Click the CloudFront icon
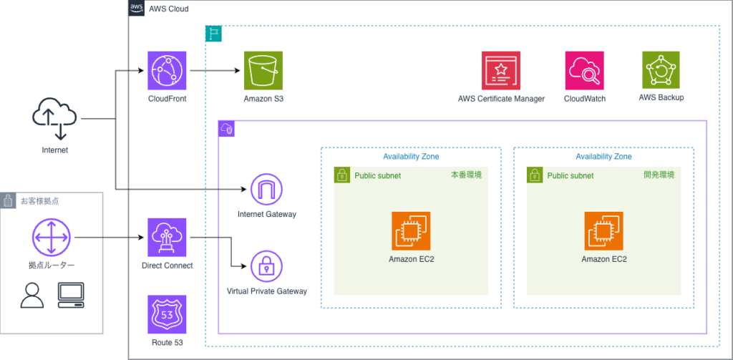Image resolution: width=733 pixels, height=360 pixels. (166, 70)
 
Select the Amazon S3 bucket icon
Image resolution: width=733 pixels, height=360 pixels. (263, 70)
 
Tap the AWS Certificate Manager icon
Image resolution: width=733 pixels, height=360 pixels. (501, 70)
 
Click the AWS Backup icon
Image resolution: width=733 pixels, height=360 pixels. (661, 70)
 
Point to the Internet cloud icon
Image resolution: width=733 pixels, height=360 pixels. (54, 118)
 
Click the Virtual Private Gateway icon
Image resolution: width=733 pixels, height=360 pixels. (266, 266)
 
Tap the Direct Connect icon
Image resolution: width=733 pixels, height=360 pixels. (166, 237)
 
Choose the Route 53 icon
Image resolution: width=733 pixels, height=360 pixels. (166, 314)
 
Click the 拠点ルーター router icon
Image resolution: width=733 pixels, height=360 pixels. (51, 237)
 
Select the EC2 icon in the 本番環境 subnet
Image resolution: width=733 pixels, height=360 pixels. (411, 230)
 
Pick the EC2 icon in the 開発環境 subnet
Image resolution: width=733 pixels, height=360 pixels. (603, 230)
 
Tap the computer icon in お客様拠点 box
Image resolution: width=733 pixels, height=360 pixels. (71, 294)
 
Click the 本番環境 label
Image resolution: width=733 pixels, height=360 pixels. (465, 175)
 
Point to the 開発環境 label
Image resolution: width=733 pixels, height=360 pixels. (658, 175)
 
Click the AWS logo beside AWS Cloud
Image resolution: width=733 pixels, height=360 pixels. (137, 8)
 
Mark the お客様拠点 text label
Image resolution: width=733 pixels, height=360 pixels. (39, 201)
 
